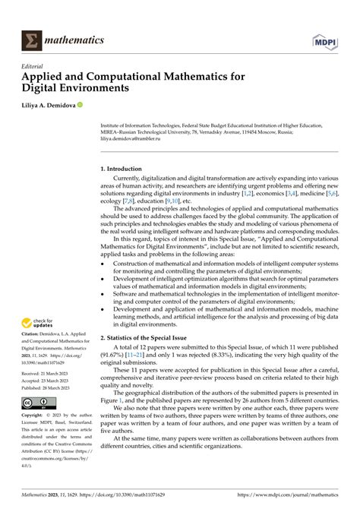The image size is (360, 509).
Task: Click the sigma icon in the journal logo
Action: (32, 40)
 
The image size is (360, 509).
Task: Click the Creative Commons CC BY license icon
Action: (36, 402)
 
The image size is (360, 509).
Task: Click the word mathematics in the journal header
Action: (74, 40)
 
